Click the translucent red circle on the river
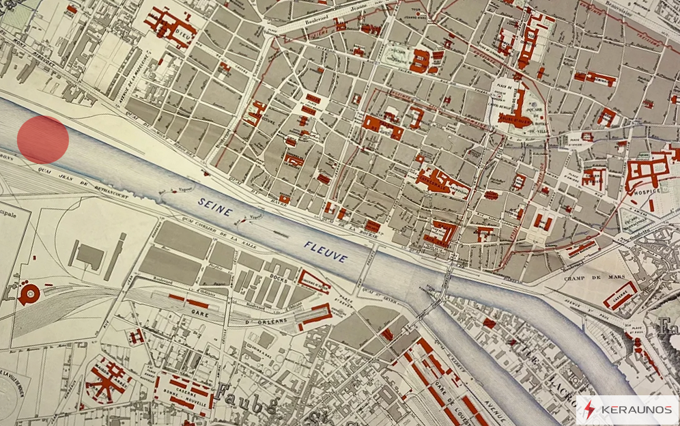(x=43, y=139)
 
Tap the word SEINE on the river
(x=216, y=206)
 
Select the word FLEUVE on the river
(x=326, y=252)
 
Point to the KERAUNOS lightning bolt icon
(x=589, y=410)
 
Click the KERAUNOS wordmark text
(x=636, y=410)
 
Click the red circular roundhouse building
(x=29, y=294)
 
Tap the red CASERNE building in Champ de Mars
(x=620, y=295)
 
